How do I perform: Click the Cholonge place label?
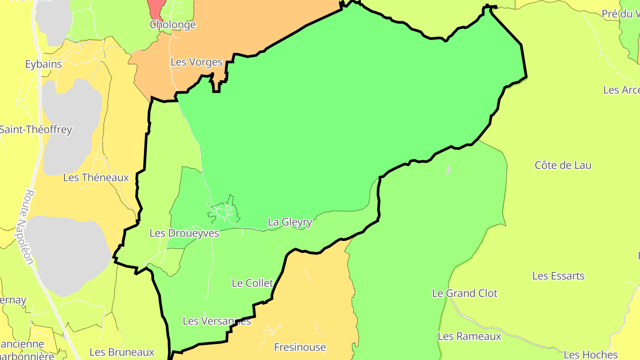pos(173,24)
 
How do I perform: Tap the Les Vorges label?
pos(196,62)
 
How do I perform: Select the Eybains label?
pos(43,64)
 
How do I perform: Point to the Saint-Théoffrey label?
pos(36,130)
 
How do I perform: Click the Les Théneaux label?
pos(96,178)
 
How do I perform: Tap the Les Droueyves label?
pos(184,233)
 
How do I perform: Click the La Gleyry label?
pos(290,222)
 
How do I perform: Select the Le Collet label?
pos(252,283)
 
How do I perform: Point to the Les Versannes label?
pos(217,321)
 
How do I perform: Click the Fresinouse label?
pos(300,347)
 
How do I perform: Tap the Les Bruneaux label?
pos(122,352)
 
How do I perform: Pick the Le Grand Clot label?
pos(465,293)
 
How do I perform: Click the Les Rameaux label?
pos(469,336)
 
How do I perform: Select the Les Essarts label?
pos(558,276)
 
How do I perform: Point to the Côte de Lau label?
pos(563,165)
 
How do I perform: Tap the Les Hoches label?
pos(591,355)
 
